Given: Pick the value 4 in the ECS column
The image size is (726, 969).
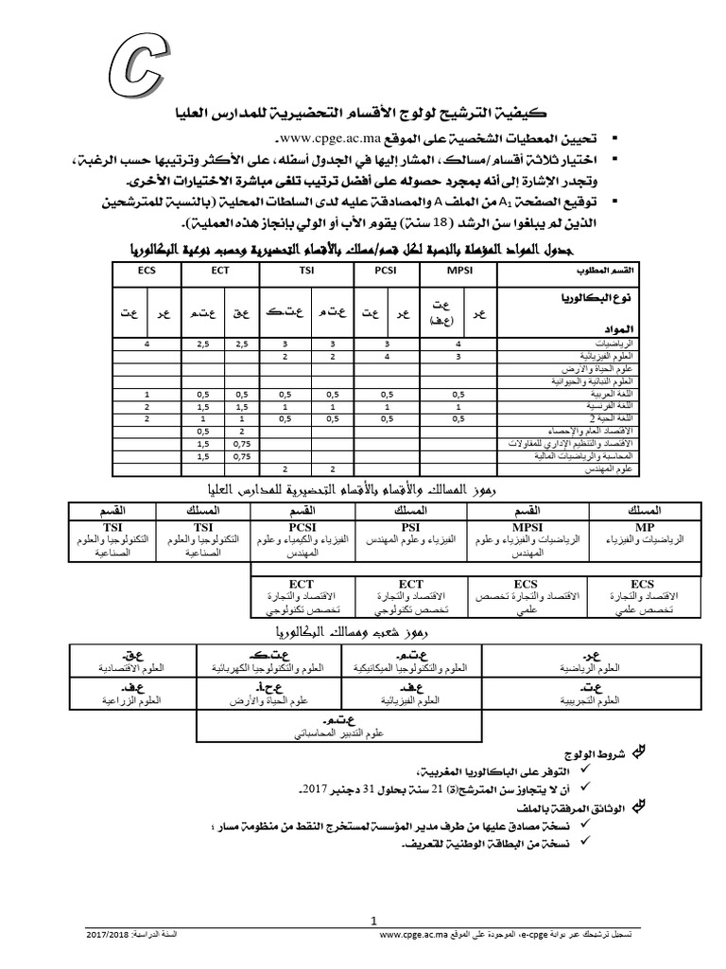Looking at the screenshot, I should pos(147,344).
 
